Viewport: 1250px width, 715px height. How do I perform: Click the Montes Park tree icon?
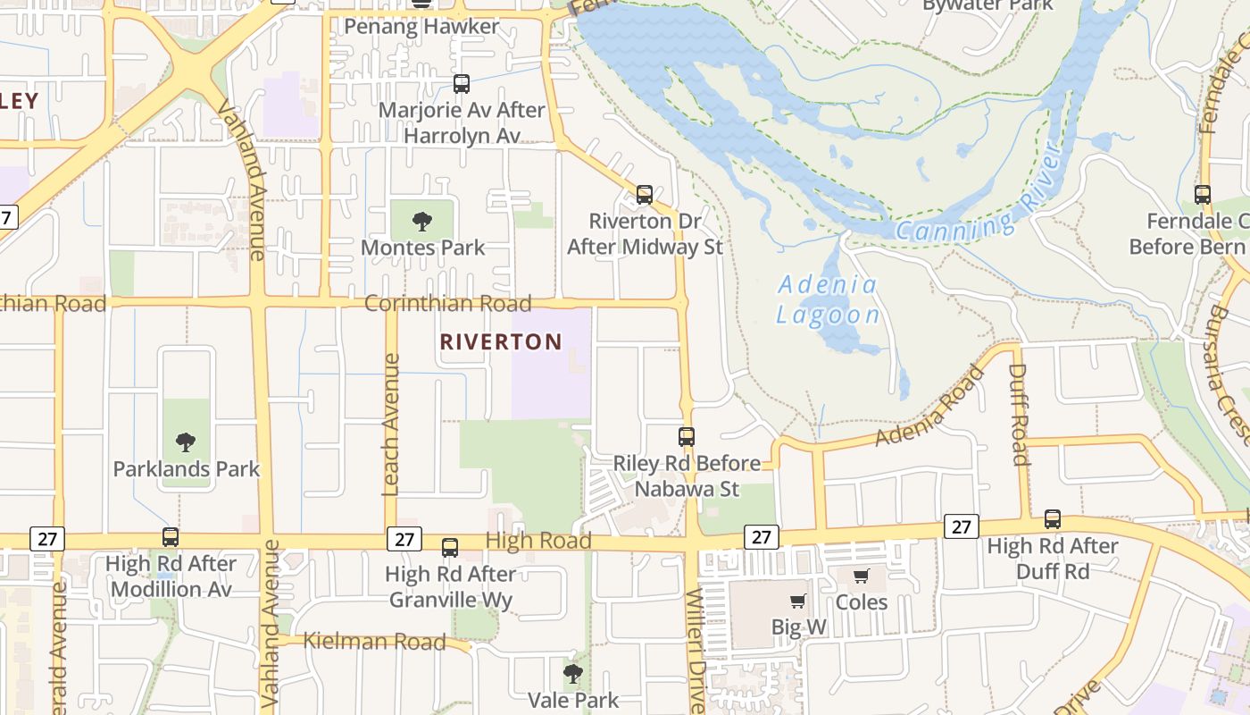pyautogui.click(x=422, y=221)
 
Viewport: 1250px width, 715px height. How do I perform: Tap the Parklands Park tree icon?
pyautogui.click(x=186, y=442)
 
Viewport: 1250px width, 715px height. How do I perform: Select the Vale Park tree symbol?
pyautogui.click(x=573, y=673)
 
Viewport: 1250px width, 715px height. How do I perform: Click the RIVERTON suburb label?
pyautogui.click(x=501, y=341)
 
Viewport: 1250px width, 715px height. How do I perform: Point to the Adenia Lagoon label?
pyautogui.click(x=828, y=300)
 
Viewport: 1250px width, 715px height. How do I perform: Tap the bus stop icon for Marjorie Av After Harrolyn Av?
pyautogui.click(x=462, y=84)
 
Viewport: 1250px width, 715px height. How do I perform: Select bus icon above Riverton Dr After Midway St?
pyautogui.click(x=645, y=194)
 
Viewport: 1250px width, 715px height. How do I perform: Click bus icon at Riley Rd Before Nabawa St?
pyautogui.click(x=687, y=437)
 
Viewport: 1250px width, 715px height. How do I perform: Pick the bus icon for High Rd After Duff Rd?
pyautogui.click(x=1053, y=519)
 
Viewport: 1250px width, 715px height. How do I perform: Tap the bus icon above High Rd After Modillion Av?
pyautogui.click(x=171, y=537)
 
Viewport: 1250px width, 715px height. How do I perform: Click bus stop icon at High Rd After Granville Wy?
pyautogui.click(x=450, y=548)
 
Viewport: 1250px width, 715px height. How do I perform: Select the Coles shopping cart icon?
pyautogui.click(x=862, y=576)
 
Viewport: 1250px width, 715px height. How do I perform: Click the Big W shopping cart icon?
pyautogui.click(x=798, y=601)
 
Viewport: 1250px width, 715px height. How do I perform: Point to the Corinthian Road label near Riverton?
pyautogui.click(x=447, y=303)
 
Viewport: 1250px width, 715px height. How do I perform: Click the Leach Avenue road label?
pyautogui.click(x=390, y=425)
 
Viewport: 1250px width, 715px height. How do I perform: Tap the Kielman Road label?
pyautogui.click(x=374, y=641)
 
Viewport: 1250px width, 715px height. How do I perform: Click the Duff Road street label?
pyautogui.click(x=1019, y=415)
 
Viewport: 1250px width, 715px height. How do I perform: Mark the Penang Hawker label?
pyautogui.click(x=421, y=27)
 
